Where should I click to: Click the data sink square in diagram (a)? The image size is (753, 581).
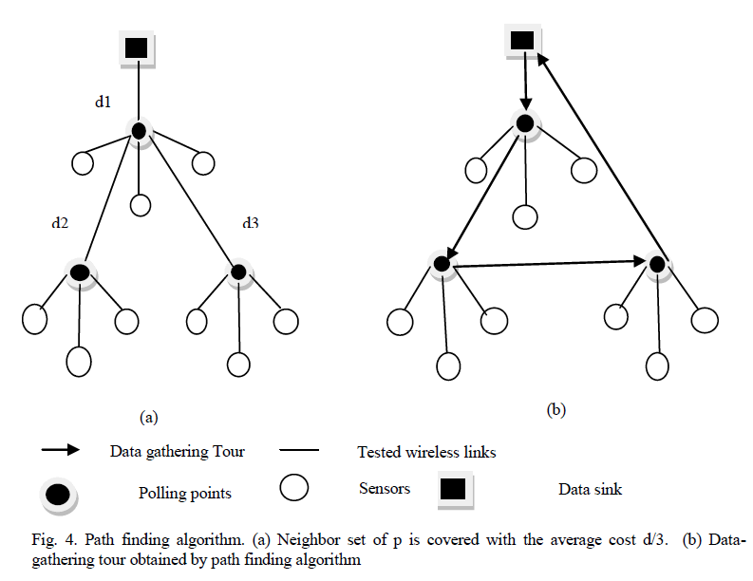[x=136, y=47]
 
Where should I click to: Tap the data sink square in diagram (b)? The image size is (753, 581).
[x=522, y=40]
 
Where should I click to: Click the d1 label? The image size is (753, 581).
[x=103, y=102]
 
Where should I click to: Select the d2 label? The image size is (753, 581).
[x=60, y=223]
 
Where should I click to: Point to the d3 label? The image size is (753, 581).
[x=250, y=223]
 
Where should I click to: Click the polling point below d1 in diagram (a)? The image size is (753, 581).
[x=139, y=132]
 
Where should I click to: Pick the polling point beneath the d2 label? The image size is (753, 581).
[x=81, y=272]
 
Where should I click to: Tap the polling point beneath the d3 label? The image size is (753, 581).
[x=237, y=272]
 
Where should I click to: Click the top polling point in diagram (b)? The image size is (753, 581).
[x=525, y=122]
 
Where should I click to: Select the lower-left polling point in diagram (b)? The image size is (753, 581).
[x=441, y=263]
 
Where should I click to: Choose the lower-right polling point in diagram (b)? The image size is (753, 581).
[x=657, y=263]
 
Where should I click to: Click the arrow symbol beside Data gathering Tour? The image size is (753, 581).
[x=59, y=451]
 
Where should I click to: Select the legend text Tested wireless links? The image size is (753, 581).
[x=426, y=452]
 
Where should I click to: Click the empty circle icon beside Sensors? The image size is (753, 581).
[x=295, y=489]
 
